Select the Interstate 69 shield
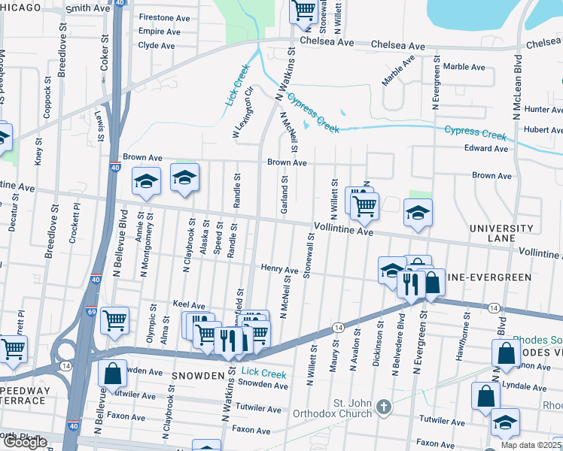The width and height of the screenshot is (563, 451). [90, 311]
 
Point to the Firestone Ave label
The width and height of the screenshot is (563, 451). [164, 17]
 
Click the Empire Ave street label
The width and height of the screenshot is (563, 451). [159, 32]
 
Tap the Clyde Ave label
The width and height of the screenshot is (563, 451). [157, 45]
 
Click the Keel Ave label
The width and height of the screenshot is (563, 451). [189, 306]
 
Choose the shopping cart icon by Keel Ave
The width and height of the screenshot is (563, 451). [114, 319]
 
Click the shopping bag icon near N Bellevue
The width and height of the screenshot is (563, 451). [112, 372]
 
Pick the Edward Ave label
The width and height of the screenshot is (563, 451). [485, 149]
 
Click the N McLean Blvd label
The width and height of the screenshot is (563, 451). [517, 86]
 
